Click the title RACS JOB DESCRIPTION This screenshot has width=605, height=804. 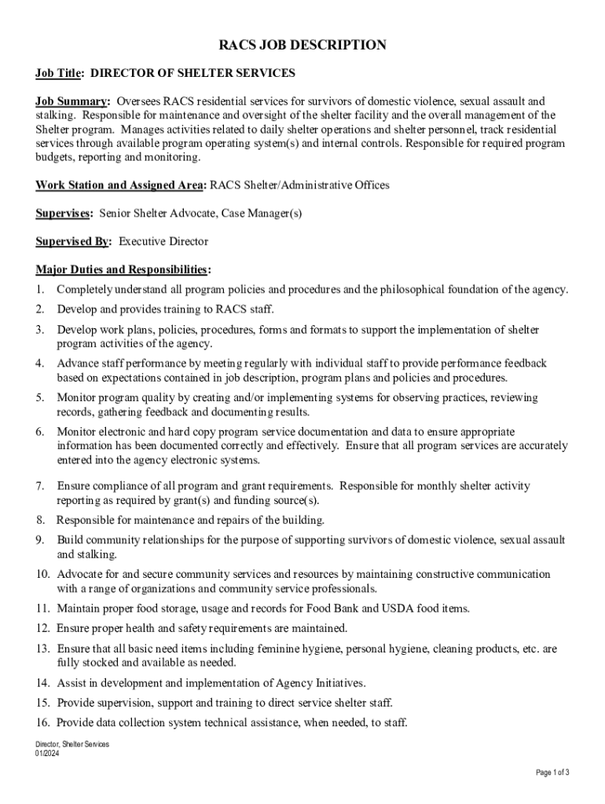tap(302, 46)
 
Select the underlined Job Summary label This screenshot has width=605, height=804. tap(71, 102)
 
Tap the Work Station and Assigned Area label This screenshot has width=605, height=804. tap(120, 185)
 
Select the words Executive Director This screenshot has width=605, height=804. tap(163, 242)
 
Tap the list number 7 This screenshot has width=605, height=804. tap(39, 486)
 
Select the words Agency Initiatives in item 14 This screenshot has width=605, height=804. tap(316, 683)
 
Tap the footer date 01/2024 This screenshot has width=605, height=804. tap(47, 754)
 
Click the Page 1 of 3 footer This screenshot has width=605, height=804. tap(552, 773)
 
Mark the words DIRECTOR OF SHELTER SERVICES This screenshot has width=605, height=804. tap(193, 73)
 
